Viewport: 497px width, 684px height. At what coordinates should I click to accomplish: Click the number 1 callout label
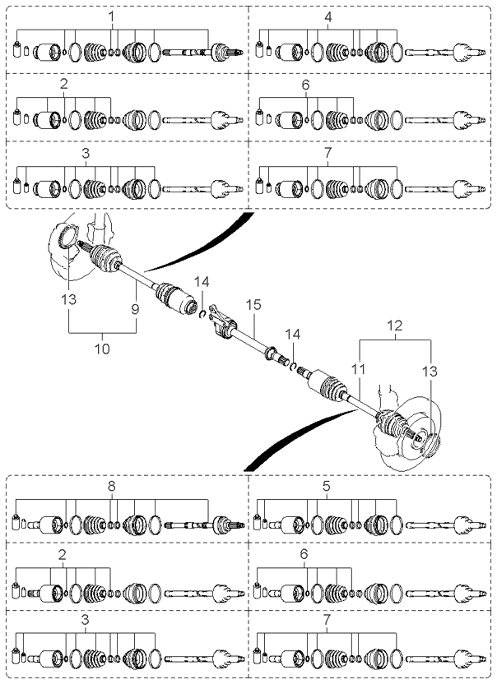111,17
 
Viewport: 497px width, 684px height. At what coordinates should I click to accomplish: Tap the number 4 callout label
328,17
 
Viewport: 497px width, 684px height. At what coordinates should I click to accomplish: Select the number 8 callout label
111,486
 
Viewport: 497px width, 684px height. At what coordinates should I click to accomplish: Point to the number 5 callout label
327,486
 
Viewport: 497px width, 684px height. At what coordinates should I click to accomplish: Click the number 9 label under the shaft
135,309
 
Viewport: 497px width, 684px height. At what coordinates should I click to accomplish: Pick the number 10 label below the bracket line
102,349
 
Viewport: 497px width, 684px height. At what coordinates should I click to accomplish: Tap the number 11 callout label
359,369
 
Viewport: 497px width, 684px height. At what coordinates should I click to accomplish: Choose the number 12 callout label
395,326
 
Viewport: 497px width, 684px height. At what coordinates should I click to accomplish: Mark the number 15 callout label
253,304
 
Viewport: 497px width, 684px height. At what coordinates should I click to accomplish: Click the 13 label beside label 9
68,299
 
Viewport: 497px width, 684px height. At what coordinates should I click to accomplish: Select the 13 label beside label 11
430,372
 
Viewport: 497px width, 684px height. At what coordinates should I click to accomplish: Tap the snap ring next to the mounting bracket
202,314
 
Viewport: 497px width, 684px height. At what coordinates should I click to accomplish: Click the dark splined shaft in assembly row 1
187,53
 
